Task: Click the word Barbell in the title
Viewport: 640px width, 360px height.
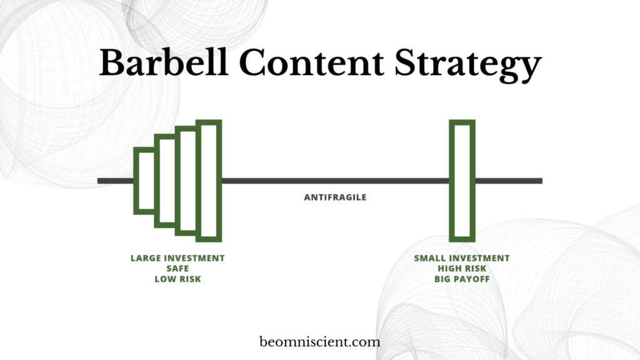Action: click(x=164, y=62)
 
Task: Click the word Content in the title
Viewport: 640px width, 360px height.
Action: click(x=311, y=62)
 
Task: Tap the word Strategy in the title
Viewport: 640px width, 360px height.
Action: click(x=467, y=65)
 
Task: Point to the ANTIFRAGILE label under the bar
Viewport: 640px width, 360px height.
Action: click(x=335, y=197)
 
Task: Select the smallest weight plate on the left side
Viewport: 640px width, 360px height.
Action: click(x=136, y=181)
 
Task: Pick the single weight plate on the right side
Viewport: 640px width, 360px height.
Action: click(x=451, y=181)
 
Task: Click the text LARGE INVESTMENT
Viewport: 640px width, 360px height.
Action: click(x=177, y=258)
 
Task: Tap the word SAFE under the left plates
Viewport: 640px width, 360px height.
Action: click(x=177, y=269)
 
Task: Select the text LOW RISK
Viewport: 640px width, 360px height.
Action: click(x=177, y=279)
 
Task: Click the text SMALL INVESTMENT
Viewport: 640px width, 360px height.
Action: click(x=462, y=258)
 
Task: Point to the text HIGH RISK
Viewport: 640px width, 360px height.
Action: click(x=462, y=269)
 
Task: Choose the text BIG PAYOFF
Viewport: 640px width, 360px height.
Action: click(x=462, y=279)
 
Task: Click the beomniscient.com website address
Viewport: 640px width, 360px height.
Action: click(x=319, y=342)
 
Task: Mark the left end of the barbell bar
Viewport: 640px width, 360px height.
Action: click(x=98, y=181)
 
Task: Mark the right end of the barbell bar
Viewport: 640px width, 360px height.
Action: click(x=542, y=181)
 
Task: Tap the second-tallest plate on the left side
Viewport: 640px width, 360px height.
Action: click(x=177, y=181)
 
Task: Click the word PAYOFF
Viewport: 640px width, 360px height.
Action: click(x=472, y=279)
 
